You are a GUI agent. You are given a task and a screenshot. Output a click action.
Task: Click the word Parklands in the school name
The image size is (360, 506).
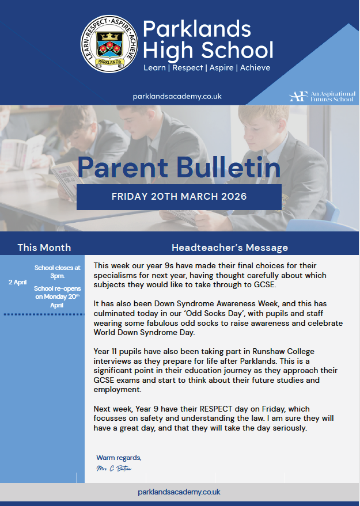click(197, 29)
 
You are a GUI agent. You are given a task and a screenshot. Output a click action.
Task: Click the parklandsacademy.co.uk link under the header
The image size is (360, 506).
click(177, 97)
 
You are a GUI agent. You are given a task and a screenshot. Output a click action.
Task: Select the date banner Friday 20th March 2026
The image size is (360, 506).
click(179, 197)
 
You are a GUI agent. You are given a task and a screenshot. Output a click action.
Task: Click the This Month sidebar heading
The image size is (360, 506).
click(44, 248)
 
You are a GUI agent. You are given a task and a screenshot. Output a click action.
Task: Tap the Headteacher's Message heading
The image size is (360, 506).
click(230, 248)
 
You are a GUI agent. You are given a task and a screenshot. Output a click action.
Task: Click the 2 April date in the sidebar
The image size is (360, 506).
click(18, 282)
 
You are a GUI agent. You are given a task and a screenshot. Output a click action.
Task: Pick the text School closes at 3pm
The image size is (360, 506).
click(58, 271)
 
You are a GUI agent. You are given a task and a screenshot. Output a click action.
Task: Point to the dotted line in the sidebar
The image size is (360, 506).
click(44, 314)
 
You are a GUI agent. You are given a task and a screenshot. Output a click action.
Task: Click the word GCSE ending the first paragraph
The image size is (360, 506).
click(264, 285)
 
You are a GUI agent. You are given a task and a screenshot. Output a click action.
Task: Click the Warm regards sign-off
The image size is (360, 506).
click(119, 458)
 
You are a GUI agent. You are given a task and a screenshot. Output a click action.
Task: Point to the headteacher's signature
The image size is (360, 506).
click(115, 469)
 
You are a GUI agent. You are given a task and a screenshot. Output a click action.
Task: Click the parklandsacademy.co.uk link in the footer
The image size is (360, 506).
click(179, 492)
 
